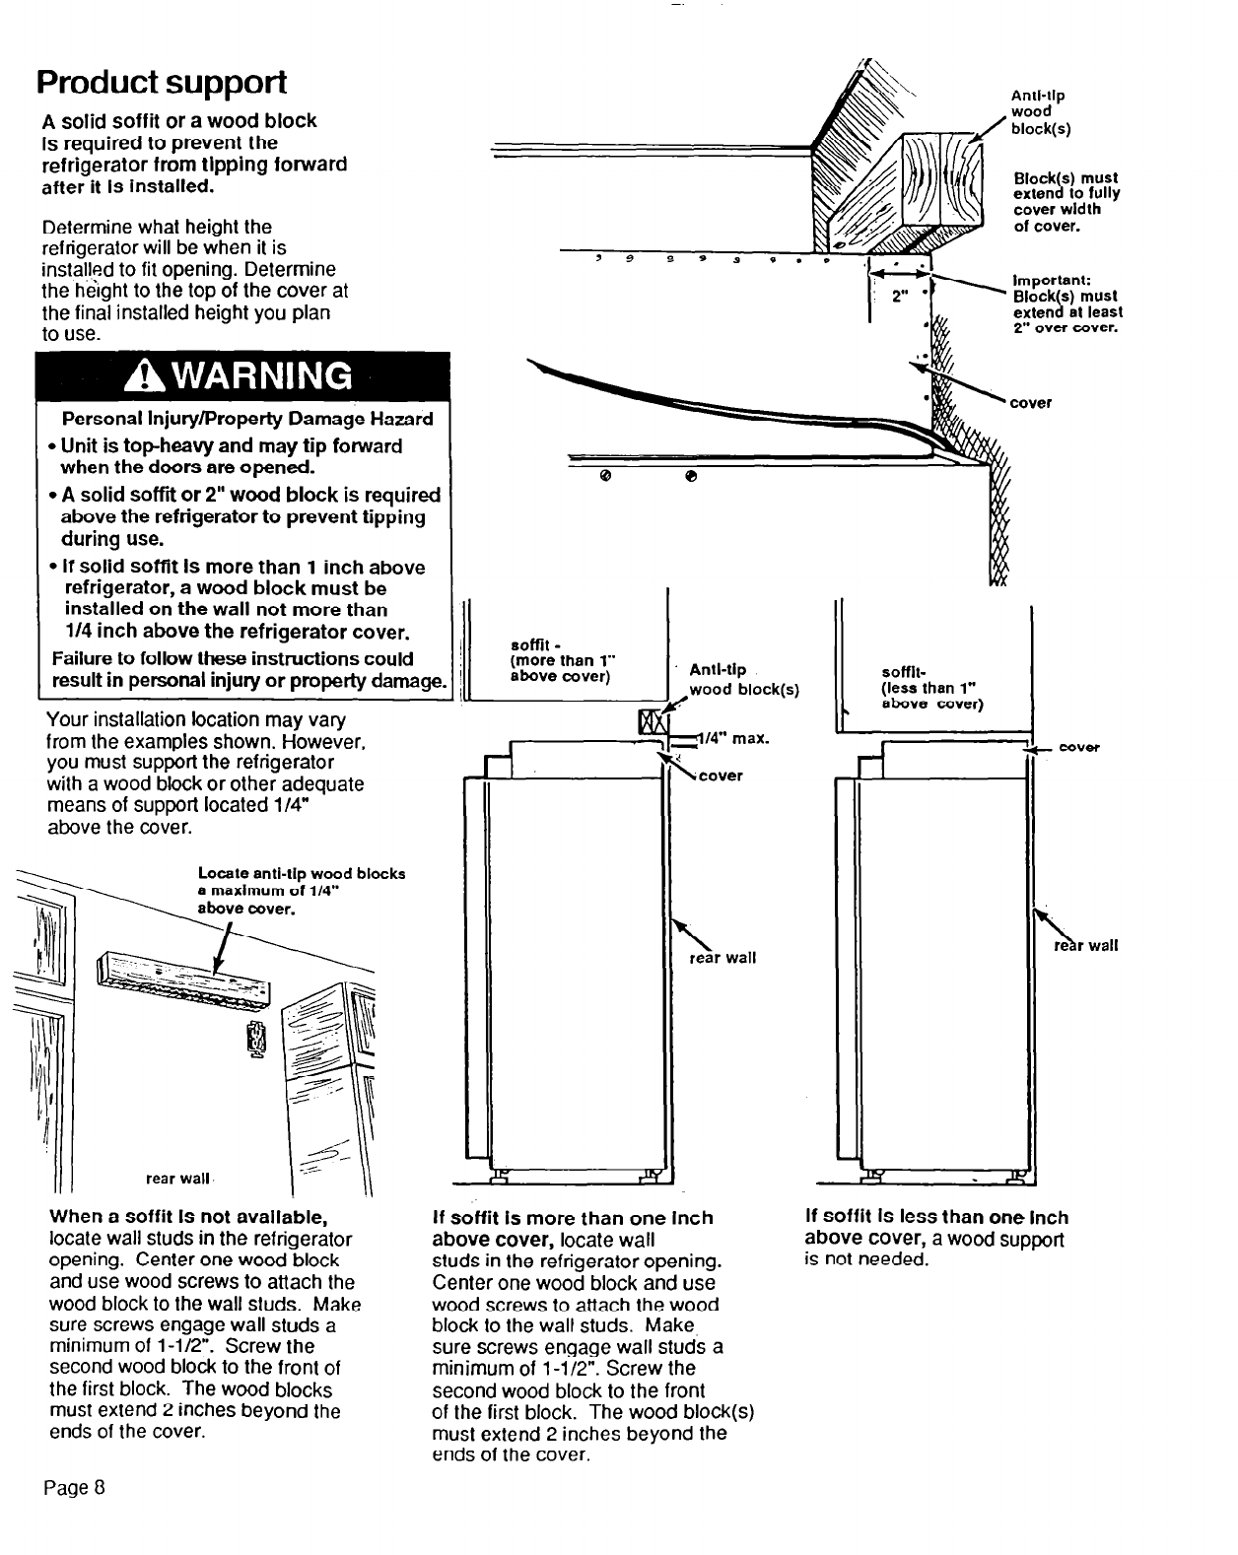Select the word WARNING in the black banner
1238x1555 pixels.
coord(256,375)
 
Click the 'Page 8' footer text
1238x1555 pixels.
coord(73,1487)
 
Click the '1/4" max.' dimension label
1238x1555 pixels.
coord(733,738)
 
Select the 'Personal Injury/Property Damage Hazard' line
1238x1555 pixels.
coord(247,419)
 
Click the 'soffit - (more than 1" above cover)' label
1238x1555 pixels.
coord(562,661)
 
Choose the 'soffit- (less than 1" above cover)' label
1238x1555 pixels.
coord(931,689)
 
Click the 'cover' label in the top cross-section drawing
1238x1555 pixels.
coord(1031,402)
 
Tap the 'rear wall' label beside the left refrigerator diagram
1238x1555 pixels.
coord(722,958)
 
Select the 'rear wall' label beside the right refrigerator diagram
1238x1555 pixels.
coord(1086,946)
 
